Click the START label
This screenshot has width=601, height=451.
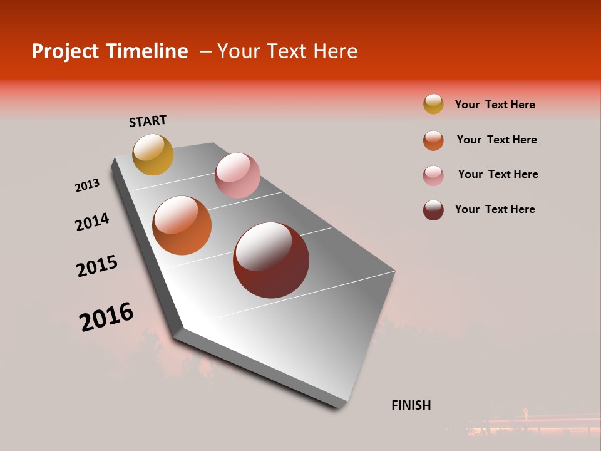pos(148,121)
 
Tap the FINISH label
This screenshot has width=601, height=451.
pos(411,405)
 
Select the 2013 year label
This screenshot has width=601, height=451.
pos(87,185)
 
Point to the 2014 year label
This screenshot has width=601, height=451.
pos(92,222)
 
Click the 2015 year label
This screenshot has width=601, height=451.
pos(97,266)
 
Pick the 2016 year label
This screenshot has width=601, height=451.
pos(106,317)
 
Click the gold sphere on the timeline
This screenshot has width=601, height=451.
pos(153,154)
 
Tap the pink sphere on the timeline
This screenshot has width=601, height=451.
pos(237,175)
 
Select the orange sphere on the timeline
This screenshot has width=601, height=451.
pos(182,225)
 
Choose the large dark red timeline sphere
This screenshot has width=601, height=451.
pos(271,260)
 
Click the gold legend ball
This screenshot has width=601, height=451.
pos(433,104)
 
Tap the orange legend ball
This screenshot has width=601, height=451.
pos(433,140)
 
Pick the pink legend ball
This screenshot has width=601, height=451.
pos(433,175)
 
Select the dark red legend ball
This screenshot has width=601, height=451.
pos(433,210)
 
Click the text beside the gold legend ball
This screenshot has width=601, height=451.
pos(495,105)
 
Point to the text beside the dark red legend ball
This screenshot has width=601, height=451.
pos(495,209)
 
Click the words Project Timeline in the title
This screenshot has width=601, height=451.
pos(110,51)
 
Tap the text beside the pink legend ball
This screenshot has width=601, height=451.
pos(498,174)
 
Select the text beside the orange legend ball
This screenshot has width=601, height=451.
pos(496,140)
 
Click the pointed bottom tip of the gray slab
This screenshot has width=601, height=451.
pos(339,406)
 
